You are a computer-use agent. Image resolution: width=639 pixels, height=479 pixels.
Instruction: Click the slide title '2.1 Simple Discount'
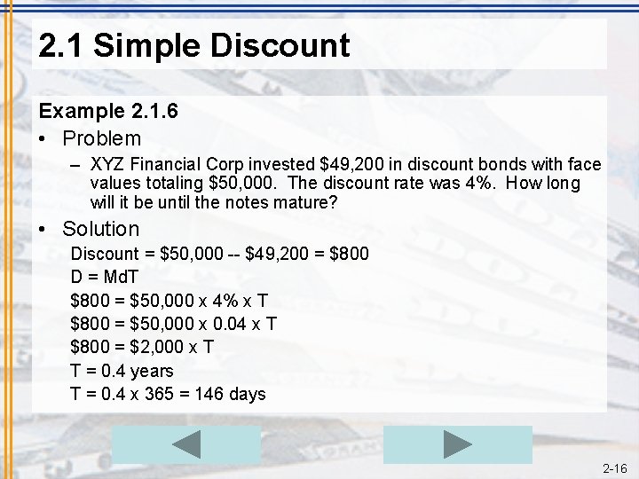(194, 45)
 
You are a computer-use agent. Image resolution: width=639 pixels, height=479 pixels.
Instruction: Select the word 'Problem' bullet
(101, 138)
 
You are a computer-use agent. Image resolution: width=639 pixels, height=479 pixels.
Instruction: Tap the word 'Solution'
(101, 229)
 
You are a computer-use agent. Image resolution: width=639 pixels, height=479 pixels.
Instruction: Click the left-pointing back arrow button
(186, 444)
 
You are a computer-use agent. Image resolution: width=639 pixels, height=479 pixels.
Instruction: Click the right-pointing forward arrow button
(457, 444)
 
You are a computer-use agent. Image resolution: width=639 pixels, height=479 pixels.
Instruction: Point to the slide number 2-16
(614, 468)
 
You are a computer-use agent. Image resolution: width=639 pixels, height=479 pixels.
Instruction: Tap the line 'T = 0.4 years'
(122, 371)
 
